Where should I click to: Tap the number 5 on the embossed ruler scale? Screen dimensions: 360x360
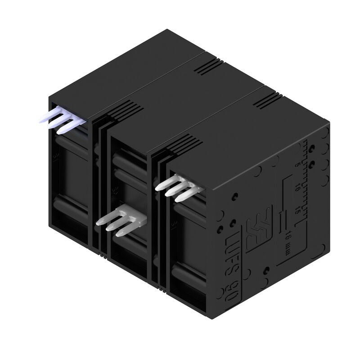pyautogui.click(x=297, y=166)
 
